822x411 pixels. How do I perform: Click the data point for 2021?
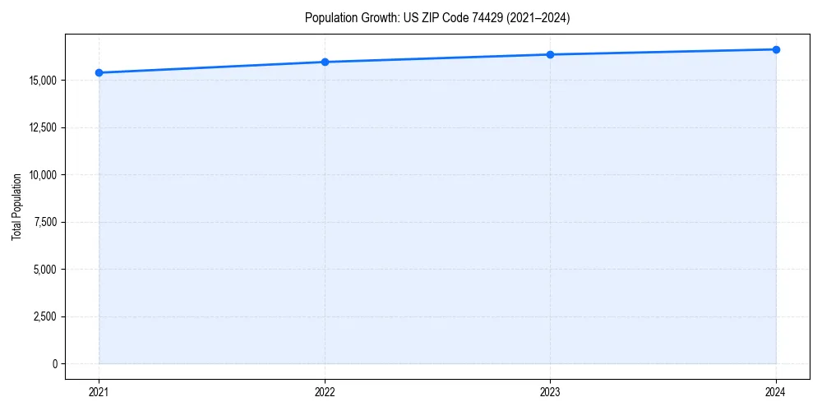pos(99,72)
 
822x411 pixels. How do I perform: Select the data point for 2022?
pos(325,62)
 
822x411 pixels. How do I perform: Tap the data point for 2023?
pos(550,54)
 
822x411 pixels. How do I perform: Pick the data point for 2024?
pos(776,49)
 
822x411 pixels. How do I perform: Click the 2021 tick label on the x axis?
pos(99,392)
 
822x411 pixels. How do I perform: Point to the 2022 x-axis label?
pos(325,392)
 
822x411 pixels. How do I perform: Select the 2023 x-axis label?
pos(550,392)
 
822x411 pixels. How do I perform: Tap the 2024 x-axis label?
pos(776,392)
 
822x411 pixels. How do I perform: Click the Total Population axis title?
pos(16,206)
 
